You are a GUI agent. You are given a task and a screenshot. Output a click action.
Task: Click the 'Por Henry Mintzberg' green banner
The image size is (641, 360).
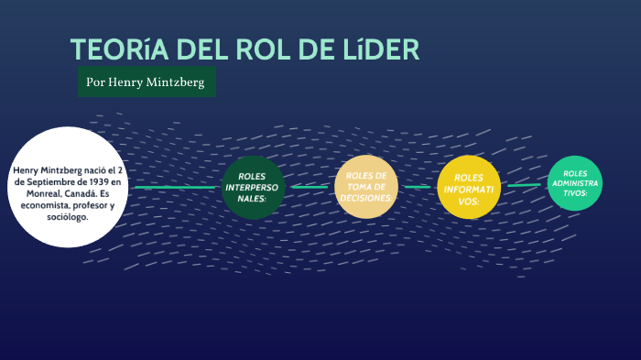147,82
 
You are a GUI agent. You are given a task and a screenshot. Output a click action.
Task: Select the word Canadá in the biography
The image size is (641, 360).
77,193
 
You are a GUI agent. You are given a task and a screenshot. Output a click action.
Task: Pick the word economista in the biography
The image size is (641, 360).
53,205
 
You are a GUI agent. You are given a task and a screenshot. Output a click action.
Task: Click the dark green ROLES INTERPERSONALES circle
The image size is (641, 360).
252,187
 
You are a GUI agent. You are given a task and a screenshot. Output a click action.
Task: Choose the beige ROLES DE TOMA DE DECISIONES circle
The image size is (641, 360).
365,187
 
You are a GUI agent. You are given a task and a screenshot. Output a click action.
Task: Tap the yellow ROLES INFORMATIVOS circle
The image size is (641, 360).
468,188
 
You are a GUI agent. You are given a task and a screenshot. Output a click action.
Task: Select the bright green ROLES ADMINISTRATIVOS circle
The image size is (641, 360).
575,183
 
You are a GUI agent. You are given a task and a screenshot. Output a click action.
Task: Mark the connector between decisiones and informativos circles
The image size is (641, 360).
417,187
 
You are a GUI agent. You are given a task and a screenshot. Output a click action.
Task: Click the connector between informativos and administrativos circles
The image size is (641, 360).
524,185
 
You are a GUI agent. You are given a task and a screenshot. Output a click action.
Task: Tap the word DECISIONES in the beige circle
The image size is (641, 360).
365,198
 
